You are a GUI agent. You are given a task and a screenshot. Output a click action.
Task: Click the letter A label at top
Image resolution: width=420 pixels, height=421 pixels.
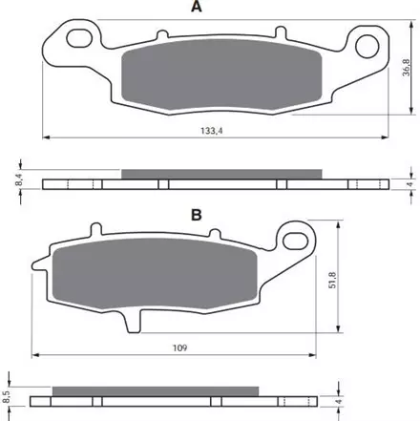[x=197, y=6]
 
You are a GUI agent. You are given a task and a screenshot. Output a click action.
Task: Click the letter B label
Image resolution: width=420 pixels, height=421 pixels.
[x=197, y=215]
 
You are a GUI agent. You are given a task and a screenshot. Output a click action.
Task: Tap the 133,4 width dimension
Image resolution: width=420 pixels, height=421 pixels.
[x=212, y=131]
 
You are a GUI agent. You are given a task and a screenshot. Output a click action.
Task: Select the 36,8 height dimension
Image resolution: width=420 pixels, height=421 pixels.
[x=407, y=67]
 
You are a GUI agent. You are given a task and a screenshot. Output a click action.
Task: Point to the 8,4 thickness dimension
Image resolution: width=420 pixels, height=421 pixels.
[x=19, y=181]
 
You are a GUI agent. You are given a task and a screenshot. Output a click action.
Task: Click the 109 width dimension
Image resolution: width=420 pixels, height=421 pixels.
[x=179, y=347]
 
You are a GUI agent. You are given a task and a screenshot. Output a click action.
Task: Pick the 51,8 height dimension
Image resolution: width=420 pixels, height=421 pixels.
[x=332, y=280]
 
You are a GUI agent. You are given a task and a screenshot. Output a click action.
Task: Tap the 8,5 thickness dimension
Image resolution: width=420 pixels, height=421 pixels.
[x=7, y=397]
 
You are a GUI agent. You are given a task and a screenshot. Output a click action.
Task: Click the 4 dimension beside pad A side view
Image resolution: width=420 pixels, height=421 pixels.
[x=410, y=184]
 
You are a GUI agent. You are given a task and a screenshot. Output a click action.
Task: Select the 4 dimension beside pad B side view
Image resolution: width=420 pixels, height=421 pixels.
[x=340, y=401]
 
